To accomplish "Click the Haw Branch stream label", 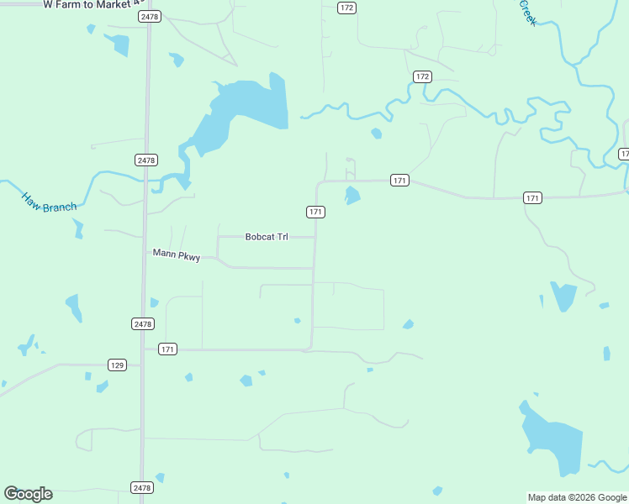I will pyautogui.click(x=49, y=202).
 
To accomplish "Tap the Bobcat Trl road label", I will pyautogui.click(x=267, y=237).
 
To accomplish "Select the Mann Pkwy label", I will pyautogui.click(x=176, y=255).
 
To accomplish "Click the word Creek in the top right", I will pyautogui.click(x=527, y=12).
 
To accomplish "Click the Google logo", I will pyautogui.click(x=28, y=494).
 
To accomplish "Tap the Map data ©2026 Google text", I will pyautogui.click(x=577, y=497).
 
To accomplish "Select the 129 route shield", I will pyautogui.click(x=117, y=365).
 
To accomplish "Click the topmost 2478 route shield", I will pyautogui.click(x=150, y=17).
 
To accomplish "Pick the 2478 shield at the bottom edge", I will pyautogui.click(x=142, y=487).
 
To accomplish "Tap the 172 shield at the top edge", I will pyautogui.click(x=346, y=8).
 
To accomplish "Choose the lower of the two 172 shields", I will pyautogui.click(x=422, y=76).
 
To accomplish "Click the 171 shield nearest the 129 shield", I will pyautogui.click(x=168, y=349).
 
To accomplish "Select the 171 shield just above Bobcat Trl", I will pyautogui.click(x=315, y=212).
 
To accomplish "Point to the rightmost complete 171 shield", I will pyautogui.click(x=531, y=197).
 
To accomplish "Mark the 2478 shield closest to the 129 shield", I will pyautogui.click(x=142, y=323).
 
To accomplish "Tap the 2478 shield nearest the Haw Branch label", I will pyautogui.click(x=145, y=160).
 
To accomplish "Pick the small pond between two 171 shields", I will pyautogui.click(x=352, y=196).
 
